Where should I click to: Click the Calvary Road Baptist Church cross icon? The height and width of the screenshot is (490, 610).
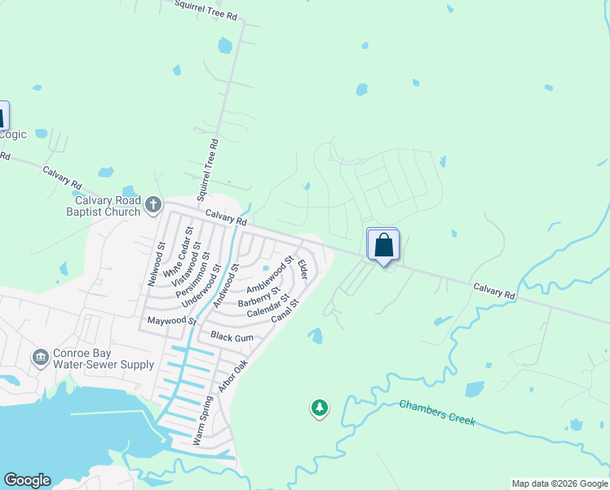[x=153, y=205]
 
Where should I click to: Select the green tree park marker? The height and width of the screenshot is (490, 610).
[x=320, y=408]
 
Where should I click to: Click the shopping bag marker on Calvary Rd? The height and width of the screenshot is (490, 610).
[x=383, y=245]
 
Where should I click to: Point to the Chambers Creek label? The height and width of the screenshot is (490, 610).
[x=437, y=411]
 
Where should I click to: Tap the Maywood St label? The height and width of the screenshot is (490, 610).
[x=170, y=321]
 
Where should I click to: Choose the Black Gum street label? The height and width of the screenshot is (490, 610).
[x=232, y=336]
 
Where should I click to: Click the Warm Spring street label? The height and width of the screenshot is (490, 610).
[x=202, y=421]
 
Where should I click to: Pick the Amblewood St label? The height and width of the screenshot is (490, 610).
[x=269, y=275]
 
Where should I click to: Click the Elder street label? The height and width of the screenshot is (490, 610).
[x=303, y=269]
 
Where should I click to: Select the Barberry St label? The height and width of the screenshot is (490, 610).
[x=259, y=296]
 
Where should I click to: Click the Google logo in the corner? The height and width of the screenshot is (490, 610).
[x=27, y=480]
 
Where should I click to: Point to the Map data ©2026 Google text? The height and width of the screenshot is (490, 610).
[x=559, y=483]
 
